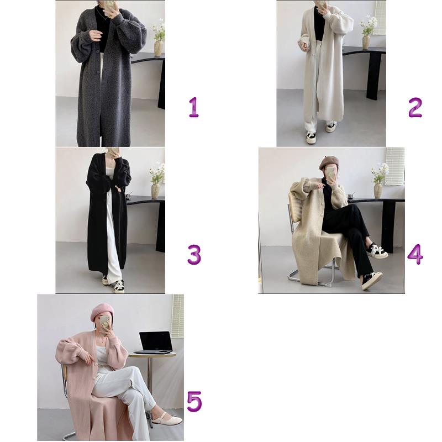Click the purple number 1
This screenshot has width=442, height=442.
pyautogui.click(x=194, y=107)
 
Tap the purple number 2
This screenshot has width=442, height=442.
pyautogui.click(x=415, y=107)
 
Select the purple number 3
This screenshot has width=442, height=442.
pyautogui.click(x=194, y=255)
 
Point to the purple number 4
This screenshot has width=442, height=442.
pyautogui.click(x=415, y=254)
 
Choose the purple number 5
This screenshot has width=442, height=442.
pyautogui.click(x=194, y=402)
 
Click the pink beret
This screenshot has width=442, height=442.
pyautogui.click(x=102, y=312)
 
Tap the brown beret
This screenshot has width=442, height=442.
pyautogui.click(x=329, y=162)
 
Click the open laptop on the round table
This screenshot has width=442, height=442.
pyautogui.click(x=156, y=343)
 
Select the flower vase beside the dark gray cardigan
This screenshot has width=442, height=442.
pyautogui.click(x=158, y=48)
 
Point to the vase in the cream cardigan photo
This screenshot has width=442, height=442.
pyautogui.click(x=366, y=43)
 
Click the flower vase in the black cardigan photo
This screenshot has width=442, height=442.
pyautogui.click(x=156, y=191)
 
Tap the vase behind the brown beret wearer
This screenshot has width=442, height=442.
pyautogui.click(x=378, y=191)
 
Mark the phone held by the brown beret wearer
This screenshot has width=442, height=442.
pyautogui.click(x=330, y=173)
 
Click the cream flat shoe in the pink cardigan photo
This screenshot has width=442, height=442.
pyautogui.click(x=167, y=420)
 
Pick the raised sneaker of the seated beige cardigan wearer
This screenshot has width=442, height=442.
pyautogui.click(x=377, y=251)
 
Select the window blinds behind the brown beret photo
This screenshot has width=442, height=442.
pyautogui.click(x=394, y=163)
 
